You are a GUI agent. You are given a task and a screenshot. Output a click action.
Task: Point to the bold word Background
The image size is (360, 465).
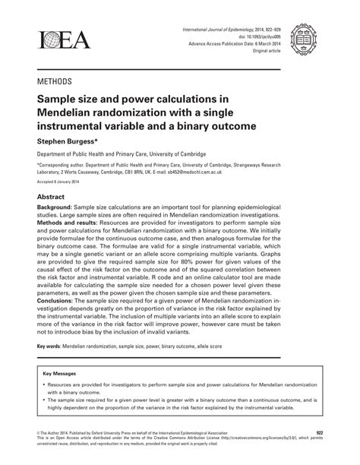coord(59,207)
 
